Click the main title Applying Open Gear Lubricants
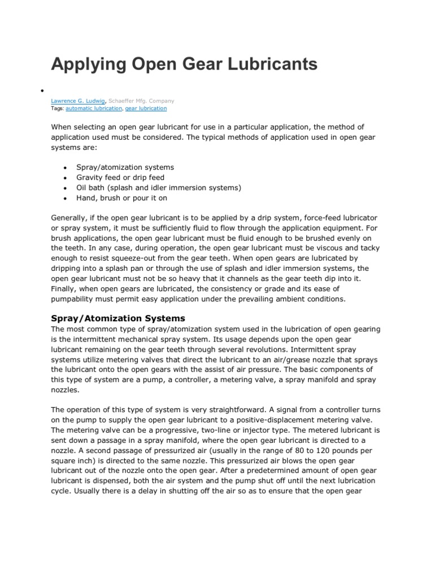[184, 64]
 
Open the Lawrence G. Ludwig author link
[75, 101]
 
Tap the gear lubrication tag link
[146, 108]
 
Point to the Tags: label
[58, 108]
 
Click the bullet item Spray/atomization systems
[125, 167]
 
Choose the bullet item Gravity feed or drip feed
[120, 178]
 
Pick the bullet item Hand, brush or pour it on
[121, 198]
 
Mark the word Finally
[66, 289]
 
